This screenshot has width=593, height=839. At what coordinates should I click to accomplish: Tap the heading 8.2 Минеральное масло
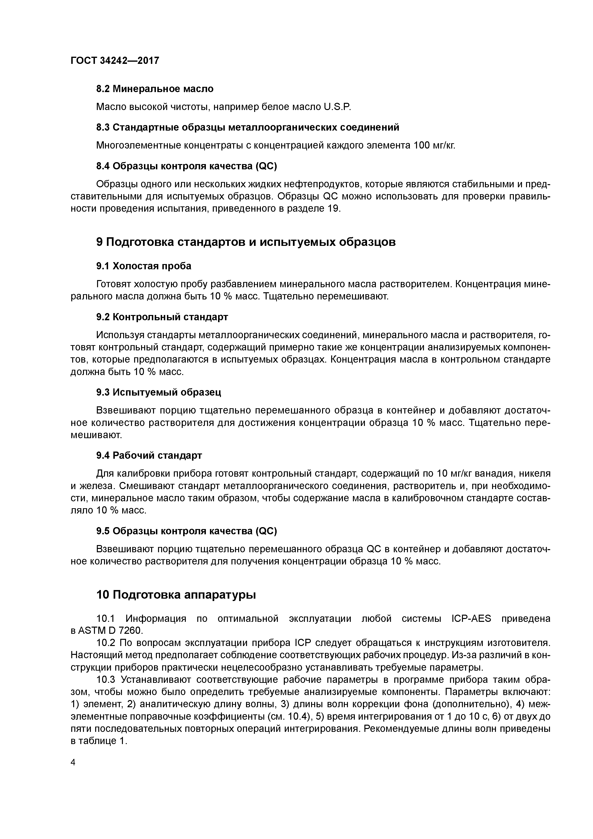pos(155,89)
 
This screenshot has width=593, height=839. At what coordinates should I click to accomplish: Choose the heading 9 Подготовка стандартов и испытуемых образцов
pos(246,242)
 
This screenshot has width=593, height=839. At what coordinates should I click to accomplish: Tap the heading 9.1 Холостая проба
pos(144,266)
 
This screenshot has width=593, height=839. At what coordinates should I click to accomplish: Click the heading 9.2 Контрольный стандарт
pos(162,317)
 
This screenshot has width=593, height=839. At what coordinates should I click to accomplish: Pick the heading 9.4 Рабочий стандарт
pos(149,455)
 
